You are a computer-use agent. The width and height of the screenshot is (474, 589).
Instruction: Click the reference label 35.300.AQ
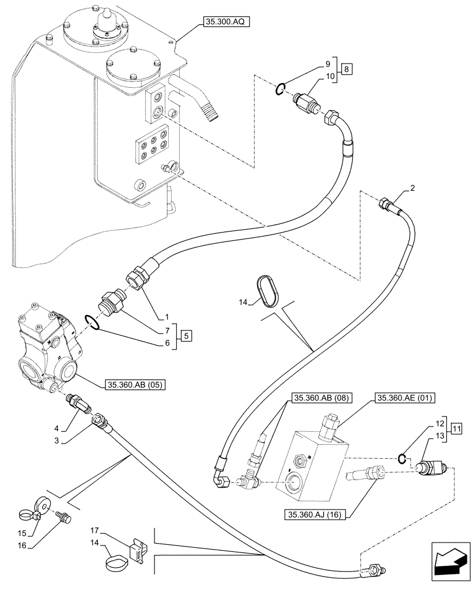[226, 22]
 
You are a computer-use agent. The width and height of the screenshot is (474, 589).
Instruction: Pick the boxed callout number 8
[347, 69]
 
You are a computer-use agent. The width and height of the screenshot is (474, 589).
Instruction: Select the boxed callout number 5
[186, 337]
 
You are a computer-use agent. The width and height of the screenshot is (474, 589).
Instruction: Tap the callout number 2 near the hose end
[413, 188]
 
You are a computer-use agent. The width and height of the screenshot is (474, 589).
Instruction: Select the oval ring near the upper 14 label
[271, 291]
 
